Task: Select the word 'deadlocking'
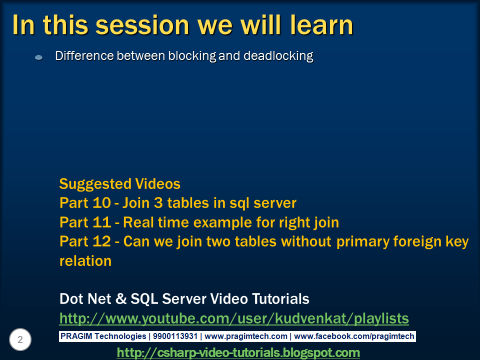point(278,56)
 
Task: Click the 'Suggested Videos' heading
point(119,183)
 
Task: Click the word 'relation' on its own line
point(85,260)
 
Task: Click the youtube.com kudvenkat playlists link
point(234,318)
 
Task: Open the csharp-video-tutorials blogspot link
point(238,352)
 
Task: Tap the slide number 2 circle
point(20,340)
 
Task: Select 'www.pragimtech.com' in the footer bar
point(246,336)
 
